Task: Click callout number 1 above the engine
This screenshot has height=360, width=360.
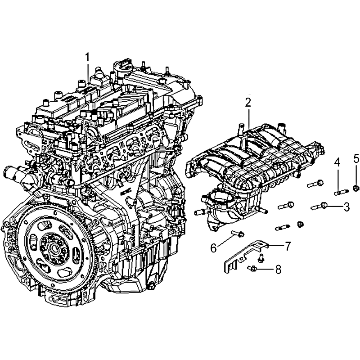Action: point(87,58)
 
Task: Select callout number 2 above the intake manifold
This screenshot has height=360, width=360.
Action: point(248,103)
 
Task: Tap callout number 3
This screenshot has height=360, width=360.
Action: point(346,207)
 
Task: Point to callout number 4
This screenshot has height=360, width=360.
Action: point(337,162)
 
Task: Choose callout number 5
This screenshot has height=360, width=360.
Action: point(356,159)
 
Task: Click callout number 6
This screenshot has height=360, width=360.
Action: point(214,248)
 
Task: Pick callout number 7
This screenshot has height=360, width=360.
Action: point(288,246)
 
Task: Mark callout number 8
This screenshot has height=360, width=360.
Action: point(278,269)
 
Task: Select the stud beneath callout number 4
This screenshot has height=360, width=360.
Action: point(341,192)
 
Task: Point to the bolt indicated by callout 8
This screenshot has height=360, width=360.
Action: point(252,268)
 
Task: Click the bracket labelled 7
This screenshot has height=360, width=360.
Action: point(246,256)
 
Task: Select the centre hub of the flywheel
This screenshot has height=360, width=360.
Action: point(54,248)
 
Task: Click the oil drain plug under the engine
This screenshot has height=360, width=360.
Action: point(151,286)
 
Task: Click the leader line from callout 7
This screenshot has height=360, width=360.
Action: point(276,245)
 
